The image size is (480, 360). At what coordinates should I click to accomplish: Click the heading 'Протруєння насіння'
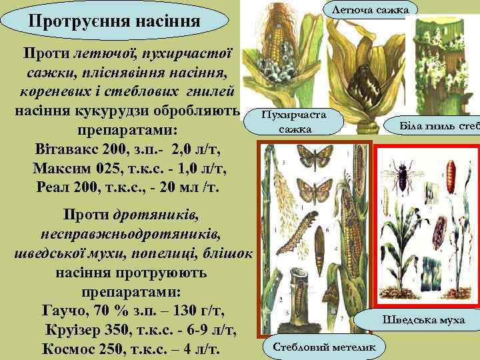click(x=114, y=22)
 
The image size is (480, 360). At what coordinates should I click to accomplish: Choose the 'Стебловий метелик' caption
click(x=324, y=347)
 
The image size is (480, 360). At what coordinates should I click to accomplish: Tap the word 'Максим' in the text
click(x=69, y=167)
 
